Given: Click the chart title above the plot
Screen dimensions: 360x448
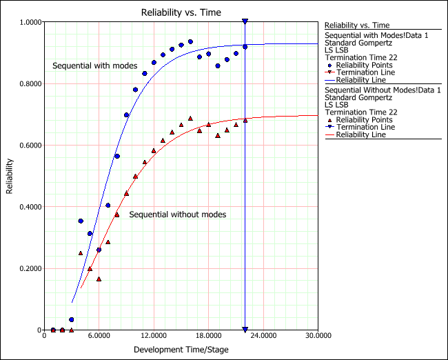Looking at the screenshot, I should pyautogui.click(x=181, y=12).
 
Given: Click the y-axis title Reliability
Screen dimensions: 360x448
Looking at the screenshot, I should pyautogui.click(x=10, y=176).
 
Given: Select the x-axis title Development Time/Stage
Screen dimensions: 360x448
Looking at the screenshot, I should pyautogui.click(x=181, y=350).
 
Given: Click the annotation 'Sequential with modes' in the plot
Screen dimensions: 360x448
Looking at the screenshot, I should pyautogui.click(x=88, y=66).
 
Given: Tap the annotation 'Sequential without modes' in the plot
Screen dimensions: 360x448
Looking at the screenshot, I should pyautogui.click(x=178, y=214).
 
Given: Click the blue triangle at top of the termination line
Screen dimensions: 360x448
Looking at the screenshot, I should pyautogui.click(x=245, y=22).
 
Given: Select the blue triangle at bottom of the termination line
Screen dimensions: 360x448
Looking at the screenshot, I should pyautogui.click(x=245, y=330).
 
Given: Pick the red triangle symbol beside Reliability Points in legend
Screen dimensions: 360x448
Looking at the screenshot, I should pyautogui.click(x=329, y=119).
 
